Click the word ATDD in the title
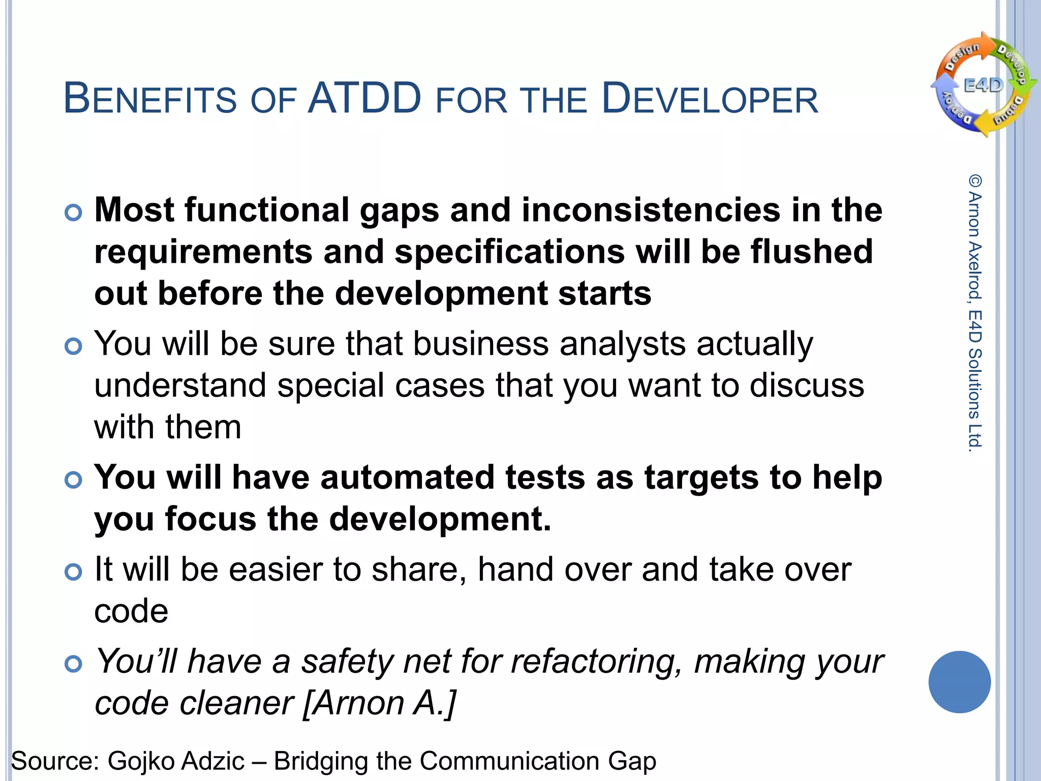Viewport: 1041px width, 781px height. click(x=364, y=98)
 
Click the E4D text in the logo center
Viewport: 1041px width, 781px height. click(x=984, y=85)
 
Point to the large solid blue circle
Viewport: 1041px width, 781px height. click(x=959, y=682)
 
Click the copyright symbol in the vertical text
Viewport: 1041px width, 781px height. click(x=975, y=181)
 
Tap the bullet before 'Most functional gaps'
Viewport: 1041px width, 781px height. click(x=74, y=213)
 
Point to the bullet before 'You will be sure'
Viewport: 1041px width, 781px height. click(x=74, y=347)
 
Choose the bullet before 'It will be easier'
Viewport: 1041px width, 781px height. click(x=74, y=572)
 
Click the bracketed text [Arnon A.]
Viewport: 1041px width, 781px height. click(x=379, y=703)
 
